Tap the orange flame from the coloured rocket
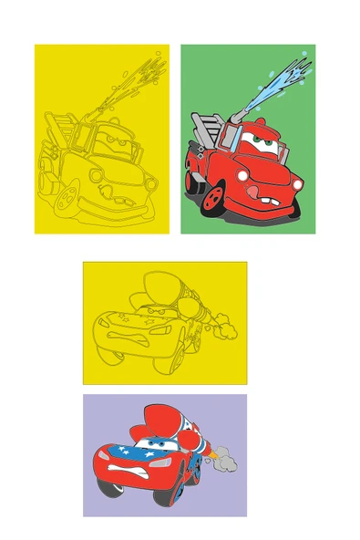[207, 453]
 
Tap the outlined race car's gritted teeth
[129, 333]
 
